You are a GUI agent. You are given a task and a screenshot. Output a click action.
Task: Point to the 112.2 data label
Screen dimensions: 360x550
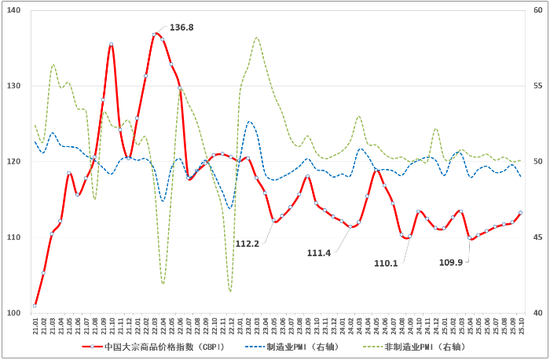coord(247,243)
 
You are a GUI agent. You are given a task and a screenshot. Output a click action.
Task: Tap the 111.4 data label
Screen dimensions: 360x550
coord(320,252)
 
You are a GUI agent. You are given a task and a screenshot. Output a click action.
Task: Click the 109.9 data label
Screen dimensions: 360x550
coord(450,262)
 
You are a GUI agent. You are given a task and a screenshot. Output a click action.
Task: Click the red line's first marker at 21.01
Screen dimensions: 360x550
coord(35,305)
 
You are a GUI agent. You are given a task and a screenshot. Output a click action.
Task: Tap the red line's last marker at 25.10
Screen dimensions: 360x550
coord(521,212)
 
